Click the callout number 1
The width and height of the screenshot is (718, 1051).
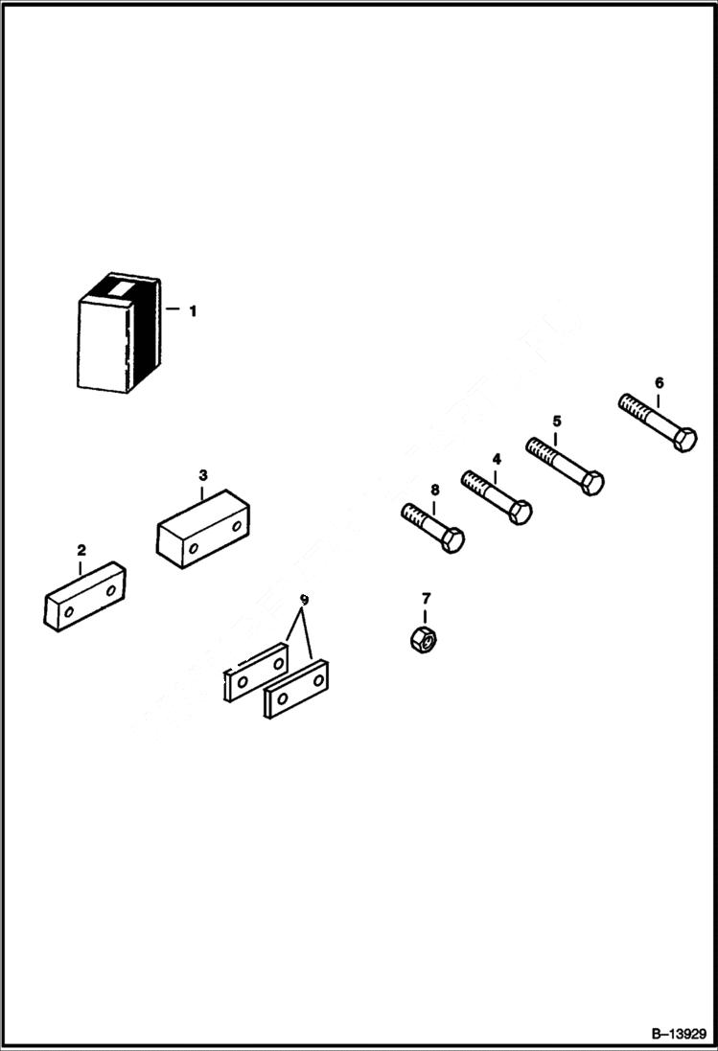coord(192,310)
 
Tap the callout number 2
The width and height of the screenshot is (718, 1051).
coord(81,550)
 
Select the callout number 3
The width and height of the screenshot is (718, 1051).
coord(202,474)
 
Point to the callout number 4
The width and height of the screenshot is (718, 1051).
coord(496,459)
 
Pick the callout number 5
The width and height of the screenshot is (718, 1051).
coord(556,421)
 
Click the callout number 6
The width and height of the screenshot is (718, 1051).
coord(659,383)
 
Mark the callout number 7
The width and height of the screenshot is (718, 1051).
coord(427,599)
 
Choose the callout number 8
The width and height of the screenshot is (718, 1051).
coord(434,490)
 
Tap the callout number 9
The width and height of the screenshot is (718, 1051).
coord(304,600)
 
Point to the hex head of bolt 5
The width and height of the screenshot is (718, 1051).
coord(591,482)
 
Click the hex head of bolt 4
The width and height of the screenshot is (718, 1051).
coord(520,511)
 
